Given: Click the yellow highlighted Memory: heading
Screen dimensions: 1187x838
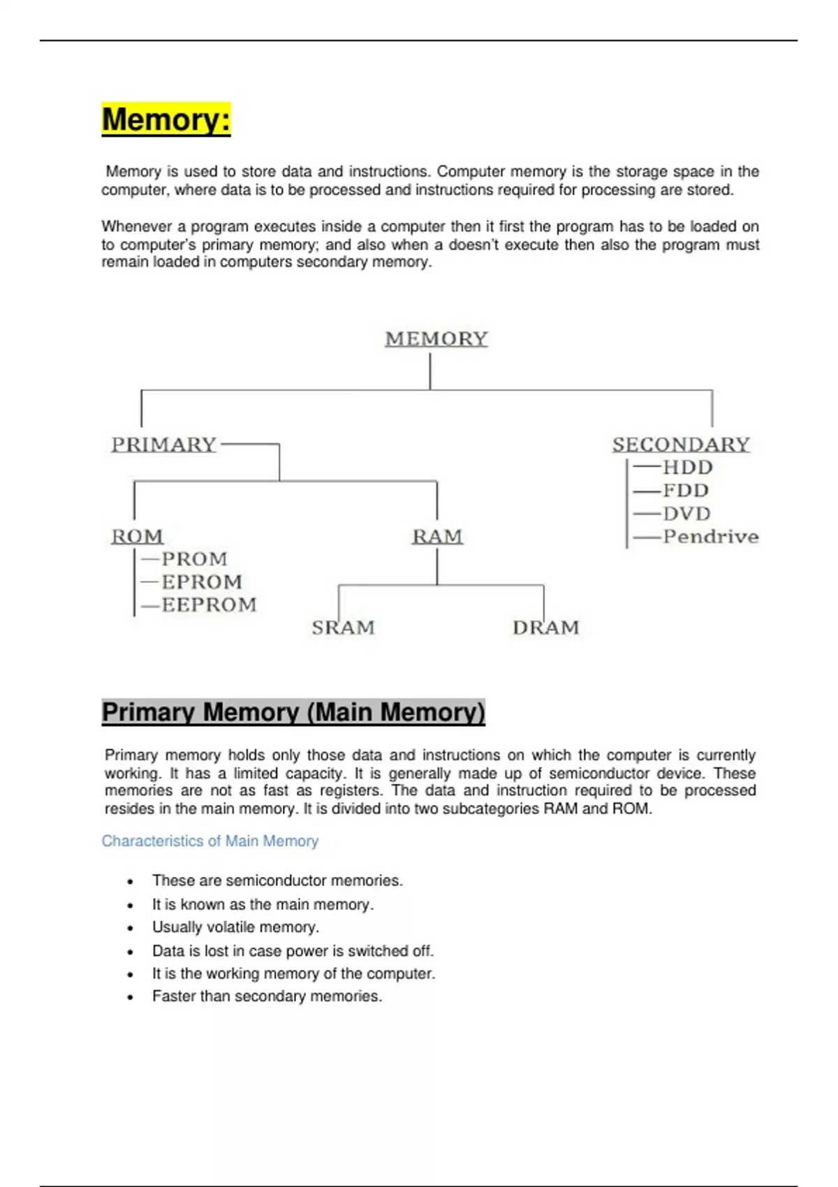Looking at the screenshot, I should (x=166, y=119).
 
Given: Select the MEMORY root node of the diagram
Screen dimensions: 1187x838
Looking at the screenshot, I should (x=436, y=339).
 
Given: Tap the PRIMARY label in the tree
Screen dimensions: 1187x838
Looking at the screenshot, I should (x=164, y=445).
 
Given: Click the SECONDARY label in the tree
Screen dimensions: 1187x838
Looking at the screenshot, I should (x=681, y=445).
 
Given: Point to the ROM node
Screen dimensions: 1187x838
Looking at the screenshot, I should (x=138, y=536).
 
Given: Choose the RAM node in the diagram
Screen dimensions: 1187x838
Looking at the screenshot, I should (x=437, y=536).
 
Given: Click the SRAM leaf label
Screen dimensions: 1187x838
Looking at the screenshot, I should (x=343, y=628).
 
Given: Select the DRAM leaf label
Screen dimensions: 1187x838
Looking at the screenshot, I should (x=545, y=628).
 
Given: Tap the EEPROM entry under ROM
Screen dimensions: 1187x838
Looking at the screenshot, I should (x=209, y=605).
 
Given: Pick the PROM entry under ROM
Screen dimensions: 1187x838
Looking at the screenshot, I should (x=194, y=559).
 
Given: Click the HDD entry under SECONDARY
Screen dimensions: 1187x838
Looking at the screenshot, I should (x=687, y=467).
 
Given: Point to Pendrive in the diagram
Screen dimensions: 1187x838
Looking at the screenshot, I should (x=710, y=536).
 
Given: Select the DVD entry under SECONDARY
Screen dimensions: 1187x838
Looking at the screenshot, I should (x=686, y=514).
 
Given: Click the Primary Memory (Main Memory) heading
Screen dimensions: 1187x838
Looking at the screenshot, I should (x=293, y=712).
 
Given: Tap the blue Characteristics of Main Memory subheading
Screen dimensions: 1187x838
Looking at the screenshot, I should (x=209, y=841).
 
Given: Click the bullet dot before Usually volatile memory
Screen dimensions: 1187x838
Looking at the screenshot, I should (x=130, y=928).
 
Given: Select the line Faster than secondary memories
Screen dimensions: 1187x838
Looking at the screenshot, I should (x=267, y=996).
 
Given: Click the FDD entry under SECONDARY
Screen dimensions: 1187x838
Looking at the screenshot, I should (x=685, y=490).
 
